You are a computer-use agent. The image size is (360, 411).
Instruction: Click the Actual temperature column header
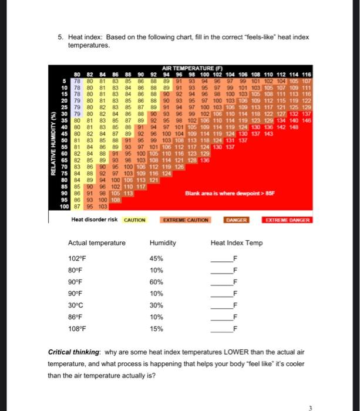97,243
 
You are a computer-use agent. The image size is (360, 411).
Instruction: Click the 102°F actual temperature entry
77,259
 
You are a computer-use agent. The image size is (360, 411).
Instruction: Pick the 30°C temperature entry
76,305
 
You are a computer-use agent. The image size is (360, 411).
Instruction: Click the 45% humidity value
156,259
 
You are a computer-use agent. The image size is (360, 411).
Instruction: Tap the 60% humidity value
156,282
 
